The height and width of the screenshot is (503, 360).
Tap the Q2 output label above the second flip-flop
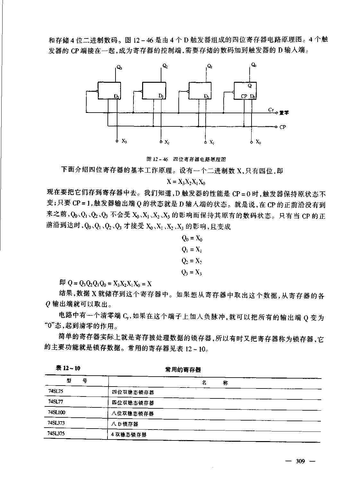pos(165,66)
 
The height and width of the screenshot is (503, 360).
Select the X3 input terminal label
pos(124,141)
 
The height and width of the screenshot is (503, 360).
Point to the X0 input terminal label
pos(258,141)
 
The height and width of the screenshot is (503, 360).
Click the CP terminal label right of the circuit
pos(282,127)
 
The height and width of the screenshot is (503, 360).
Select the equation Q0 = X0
pos(192,238)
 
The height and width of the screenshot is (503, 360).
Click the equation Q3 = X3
pos(192,273)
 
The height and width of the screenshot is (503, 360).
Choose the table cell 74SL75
pos(54,392)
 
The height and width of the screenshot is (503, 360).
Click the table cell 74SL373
pos(56,423)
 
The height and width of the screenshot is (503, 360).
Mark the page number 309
pos(300,461)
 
